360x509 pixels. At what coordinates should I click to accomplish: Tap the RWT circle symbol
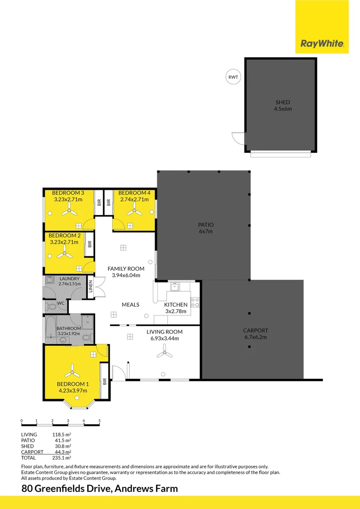click(233, 77)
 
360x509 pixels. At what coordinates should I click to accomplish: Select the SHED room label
click(282, 103)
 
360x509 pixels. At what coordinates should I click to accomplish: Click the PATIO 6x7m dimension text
click(206, 231)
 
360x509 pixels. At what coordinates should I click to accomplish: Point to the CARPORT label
click(255, 330)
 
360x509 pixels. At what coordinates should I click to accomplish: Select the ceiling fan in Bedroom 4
click(134, 212)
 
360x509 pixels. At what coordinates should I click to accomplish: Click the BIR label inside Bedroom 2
click(90, 244)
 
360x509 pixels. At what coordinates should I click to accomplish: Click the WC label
click(61, 303)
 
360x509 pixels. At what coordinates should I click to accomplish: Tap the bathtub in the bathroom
click(50, 327)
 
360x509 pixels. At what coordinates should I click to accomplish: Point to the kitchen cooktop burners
click(195, 303)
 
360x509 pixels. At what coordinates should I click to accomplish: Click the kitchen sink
click(175, 287)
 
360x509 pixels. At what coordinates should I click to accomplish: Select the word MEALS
click(131, 304)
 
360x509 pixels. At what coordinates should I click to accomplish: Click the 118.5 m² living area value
click(62, 435)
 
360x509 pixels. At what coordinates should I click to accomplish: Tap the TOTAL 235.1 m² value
click(62, 458)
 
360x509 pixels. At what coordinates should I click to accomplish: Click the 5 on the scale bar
click(99, 421)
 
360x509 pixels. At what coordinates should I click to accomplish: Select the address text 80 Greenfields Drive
click(66, 488)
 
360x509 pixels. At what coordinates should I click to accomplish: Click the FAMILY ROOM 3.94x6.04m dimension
click(126, 275)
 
